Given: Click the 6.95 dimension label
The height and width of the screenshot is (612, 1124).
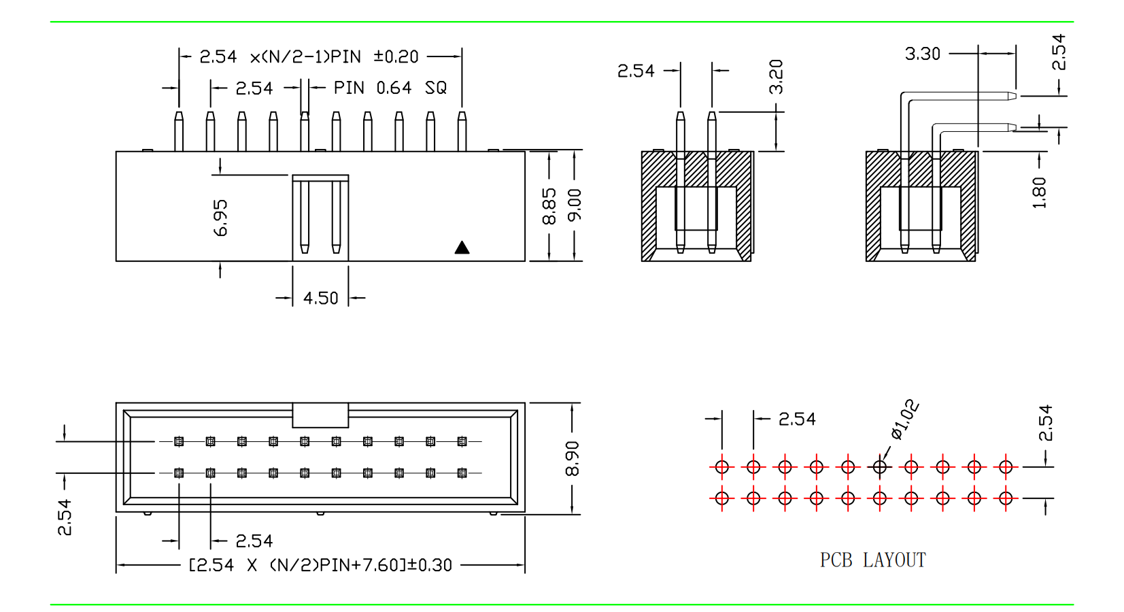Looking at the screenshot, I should [221, 218].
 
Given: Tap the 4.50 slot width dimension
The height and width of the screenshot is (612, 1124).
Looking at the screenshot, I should [320, 299].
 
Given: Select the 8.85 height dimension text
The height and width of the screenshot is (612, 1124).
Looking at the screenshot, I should [549, 206].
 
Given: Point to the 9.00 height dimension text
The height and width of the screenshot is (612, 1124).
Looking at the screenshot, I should [575, 205].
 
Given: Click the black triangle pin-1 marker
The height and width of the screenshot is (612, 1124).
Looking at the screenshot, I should [462, 248].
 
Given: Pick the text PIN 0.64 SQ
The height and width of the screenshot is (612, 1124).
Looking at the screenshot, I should [390, 88].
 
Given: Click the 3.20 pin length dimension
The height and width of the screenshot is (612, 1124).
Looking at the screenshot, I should [776, 77].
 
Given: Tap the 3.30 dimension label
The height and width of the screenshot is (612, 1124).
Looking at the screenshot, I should [923, 54].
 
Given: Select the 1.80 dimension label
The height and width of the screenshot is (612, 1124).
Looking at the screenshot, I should [1039, 192].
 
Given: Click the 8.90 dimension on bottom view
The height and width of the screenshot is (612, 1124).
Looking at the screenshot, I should [573, 458].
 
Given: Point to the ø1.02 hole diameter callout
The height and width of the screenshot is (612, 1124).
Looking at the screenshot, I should [905, 420].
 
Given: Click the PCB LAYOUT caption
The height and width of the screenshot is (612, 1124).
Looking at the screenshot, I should [873, 560].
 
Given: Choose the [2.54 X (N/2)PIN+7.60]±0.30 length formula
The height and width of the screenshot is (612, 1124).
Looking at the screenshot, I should [320, 565].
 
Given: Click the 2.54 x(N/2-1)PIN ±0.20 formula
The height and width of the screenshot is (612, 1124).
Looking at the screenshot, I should [309, 56].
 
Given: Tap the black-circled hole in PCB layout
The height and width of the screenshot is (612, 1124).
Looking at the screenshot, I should [880, 466].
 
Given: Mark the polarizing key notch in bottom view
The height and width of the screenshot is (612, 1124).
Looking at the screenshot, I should [320, 415].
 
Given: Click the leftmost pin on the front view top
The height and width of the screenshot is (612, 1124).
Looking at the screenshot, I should [179, 131].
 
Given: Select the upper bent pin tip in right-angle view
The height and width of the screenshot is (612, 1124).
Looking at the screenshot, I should [1011, 96].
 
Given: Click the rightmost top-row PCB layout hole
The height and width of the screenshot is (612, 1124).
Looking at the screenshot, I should [1006, 466].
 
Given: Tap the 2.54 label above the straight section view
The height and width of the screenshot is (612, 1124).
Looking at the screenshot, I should [636, 71].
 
